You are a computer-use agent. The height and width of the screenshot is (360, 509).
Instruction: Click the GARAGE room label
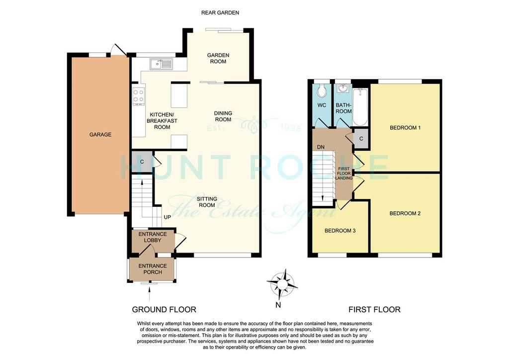click(x=100, y=134)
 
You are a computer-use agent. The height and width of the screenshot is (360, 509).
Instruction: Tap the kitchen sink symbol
click(x=161, y=64)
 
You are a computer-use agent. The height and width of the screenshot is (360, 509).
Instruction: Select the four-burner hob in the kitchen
click(x=139, y=96)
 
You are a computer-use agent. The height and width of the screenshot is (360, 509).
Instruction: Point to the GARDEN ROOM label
click(x=218, y=59)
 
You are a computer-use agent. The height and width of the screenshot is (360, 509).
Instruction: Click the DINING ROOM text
click(x=223, y=116)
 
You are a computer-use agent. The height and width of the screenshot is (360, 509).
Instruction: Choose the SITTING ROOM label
click(x=207, y=202)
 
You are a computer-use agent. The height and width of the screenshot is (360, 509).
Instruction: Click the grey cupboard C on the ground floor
click(x=142, y=162)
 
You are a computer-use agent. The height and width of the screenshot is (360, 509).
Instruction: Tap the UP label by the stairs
click(x=167, y=217)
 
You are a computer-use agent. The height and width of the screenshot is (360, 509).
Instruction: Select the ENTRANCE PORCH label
click(x=153, y=269)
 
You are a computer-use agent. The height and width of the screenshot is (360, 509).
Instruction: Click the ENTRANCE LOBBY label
click(x=153, y=237)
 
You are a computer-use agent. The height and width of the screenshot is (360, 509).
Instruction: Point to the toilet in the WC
click(x=322, y=90)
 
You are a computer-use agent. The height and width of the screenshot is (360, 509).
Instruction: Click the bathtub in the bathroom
click(x=360, y=107)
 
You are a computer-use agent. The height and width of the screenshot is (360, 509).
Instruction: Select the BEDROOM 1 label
click(x=405, y=128)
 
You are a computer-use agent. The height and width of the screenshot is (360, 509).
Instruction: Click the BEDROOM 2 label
click(x=405, y=214)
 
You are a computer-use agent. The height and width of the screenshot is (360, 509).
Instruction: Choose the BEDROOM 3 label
click(x=340, y=231)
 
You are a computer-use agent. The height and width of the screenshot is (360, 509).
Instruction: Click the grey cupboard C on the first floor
click(x=361, y=139)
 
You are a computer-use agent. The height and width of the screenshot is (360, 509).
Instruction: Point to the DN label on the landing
click(x=321, y=147)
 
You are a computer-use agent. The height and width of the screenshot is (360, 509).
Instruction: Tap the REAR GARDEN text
click(x=220, y=12)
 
